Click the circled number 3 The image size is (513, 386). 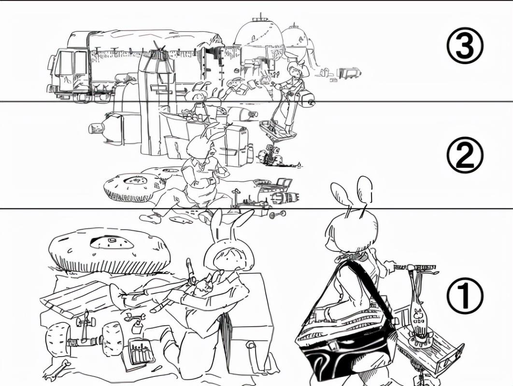(x=465, y=47)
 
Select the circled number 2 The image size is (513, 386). (x=465, y=154)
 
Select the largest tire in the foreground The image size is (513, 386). (x=109, y=250)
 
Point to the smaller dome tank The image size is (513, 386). (x=295, y=39)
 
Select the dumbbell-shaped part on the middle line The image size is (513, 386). (x=277, y=214)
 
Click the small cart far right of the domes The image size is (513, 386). (x=349, y=73)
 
